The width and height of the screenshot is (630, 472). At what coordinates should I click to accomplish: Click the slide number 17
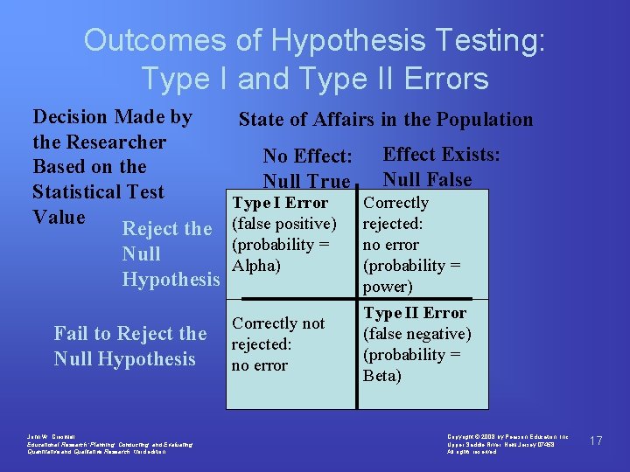coord(597,441)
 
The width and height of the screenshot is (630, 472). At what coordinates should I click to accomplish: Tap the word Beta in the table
coord(382,376)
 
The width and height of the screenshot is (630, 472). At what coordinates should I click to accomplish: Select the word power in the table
coord(388,287)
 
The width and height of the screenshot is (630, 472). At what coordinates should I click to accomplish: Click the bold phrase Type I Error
coord(280,203)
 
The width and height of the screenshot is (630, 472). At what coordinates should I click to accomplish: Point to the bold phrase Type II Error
coord(415,313)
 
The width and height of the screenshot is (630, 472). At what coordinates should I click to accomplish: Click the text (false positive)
coord(284,224)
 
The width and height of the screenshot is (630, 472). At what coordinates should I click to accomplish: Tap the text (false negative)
coord(417,334)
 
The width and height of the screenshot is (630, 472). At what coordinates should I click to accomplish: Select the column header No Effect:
coord(308,156)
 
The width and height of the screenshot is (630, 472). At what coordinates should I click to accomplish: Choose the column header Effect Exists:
coord(442,155)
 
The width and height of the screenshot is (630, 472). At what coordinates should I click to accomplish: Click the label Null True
coord(306,182)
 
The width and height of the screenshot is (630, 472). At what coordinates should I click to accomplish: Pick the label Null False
coord(427,180)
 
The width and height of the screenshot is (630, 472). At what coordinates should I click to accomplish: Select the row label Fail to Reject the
coord(130,334)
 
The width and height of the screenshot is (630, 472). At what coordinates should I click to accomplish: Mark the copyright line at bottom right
coord(507,435)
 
